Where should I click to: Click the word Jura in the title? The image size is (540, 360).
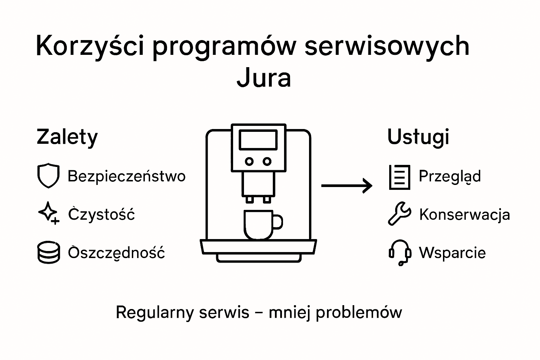click(264, 78)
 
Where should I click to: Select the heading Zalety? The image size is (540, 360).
click(67, 137)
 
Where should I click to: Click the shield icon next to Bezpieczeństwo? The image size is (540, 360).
click(48, 175)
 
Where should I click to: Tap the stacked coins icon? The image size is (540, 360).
click(48, 252)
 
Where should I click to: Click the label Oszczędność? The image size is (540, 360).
click(116, 253)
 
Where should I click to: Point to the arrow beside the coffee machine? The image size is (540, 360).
click(347, 185)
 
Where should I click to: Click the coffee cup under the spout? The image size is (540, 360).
click(259, 224)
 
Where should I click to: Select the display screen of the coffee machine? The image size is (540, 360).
click(258, 140)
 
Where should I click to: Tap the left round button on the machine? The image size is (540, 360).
click(249, 161)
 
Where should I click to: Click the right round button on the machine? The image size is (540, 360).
click(267, 161)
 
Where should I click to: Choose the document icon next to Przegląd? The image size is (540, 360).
click(399, 177)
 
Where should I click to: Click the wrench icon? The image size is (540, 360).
click(399, 213)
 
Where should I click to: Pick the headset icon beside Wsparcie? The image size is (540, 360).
click(400, 252)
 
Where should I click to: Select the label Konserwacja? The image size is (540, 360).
click(464, 214)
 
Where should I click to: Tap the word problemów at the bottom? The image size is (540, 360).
click(359, 313)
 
